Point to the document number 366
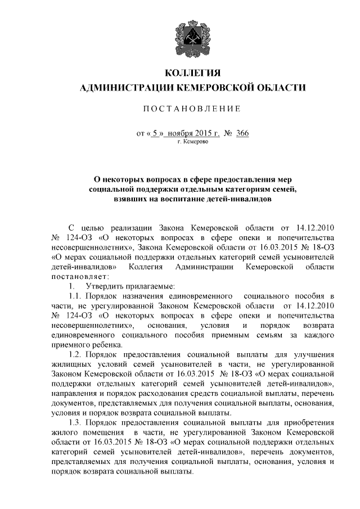(242, 133)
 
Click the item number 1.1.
(75, 296)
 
